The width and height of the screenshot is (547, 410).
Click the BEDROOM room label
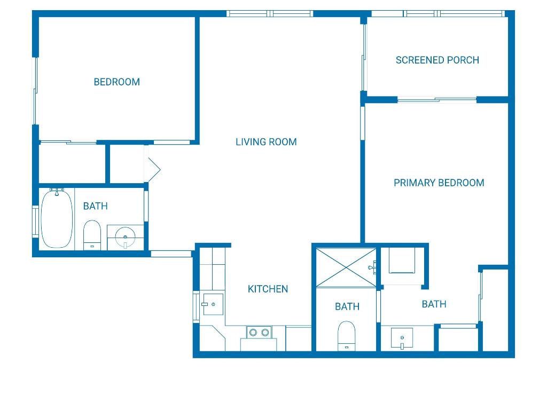116,82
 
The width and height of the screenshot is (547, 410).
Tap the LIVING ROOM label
266,141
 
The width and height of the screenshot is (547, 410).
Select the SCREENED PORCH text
437,60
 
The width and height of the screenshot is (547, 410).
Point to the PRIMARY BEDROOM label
439,183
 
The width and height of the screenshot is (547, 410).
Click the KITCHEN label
268,289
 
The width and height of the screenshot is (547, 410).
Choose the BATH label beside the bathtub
95,206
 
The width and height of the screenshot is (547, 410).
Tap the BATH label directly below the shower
347,306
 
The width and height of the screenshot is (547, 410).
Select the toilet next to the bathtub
92,235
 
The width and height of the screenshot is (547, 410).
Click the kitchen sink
212,304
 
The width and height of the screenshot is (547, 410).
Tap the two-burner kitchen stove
259,333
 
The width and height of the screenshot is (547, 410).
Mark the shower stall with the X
346,267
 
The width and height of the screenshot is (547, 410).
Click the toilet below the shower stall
347,336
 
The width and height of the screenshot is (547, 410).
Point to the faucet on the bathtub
56,191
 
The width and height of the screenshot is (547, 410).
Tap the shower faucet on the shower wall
372,266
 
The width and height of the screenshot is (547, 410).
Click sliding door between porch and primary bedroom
437,100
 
